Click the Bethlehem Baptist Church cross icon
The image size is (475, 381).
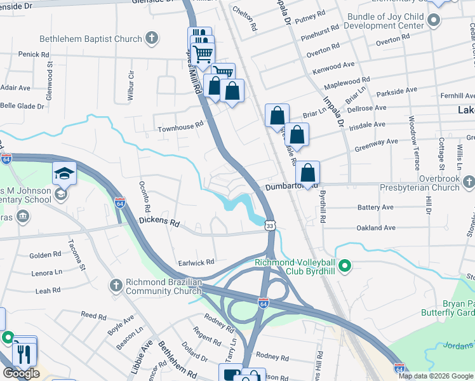click(x=151, y=39)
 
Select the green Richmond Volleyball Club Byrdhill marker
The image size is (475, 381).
click(x=345, y=266)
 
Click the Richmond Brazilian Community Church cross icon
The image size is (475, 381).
click(x=116, y=286)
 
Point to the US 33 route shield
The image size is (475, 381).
click(x=271, y=225)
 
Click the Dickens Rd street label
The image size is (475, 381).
click(x=159, y=224)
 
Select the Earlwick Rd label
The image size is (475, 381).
click(x=197, y=261)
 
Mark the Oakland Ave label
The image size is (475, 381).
click(x=377, y=227)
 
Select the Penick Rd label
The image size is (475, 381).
click(x=29, y=55)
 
